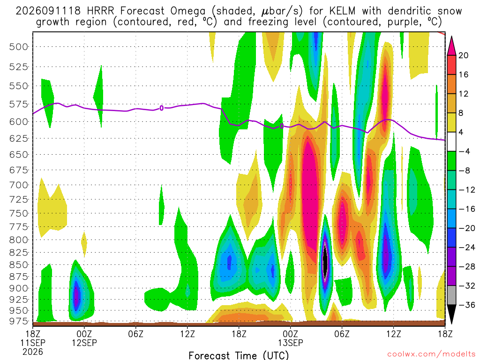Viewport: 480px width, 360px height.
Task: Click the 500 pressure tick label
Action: [18, 47]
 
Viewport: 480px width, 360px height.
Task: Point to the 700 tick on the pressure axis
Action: [18, 185]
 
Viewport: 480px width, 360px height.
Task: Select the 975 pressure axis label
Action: [18, 321]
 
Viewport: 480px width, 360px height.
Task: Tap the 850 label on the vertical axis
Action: [18, 265]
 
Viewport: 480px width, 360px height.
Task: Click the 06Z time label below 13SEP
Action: [342, 334]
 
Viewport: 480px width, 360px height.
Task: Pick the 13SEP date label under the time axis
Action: [291, 343]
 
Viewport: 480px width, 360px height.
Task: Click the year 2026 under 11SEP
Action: [33, 352]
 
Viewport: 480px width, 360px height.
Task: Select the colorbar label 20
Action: [463, 55]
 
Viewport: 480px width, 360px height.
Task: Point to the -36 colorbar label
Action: [466, 305]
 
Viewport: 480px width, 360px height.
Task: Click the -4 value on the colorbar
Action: [464, 151]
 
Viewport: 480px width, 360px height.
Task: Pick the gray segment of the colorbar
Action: [451, 295]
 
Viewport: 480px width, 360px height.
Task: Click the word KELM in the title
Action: [343, 11]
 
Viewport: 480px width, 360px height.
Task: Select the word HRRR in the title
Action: [100, 11]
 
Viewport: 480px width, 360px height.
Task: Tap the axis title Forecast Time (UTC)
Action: [239, 355]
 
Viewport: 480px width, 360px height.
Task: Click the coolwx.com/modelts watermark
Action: [431, 354]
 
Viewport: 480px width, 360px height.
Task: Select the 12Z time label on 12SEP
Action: [187, 334]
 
